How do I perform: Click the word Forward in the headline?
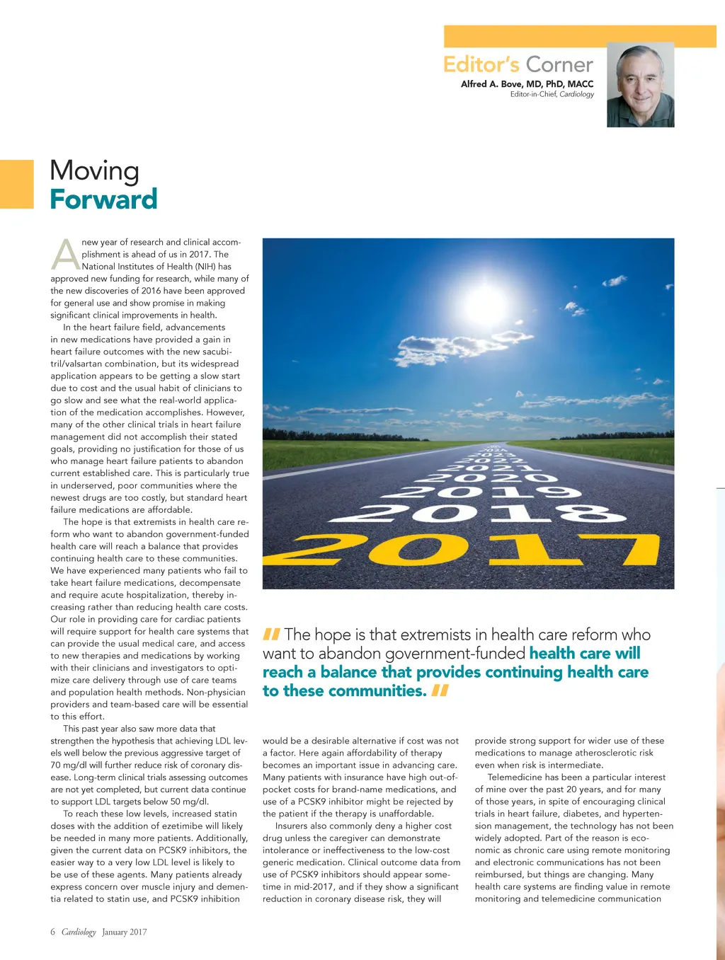[x=103, y=199]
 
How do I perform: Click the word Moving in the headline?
[x=95, y=170]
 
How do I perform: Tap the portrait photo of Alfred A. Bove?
[x=640, y=85]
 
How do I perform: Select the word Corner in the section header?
[x=559, y=64]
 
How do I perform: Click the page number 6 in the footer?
[x=52, y=932]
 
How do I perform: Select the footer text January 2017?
[x=125, y=932]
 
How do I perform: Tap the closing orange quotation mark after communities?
[x=440, y=690]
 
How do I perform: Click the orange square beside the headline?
[x=16, y=184]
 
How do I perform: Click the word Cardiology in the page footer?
[x=79, y=932]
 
